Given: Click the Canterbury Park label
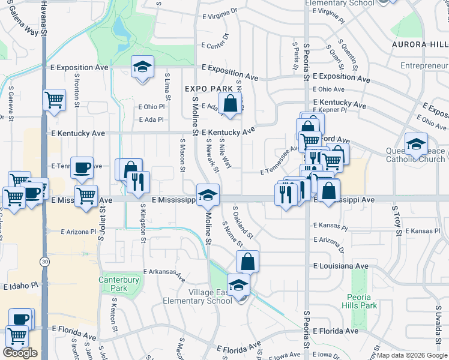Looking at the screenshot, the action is [119, 284].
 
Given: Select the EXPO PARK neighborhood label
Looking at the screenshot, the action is [208, 89].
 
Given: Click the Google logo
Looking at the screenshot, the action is [20, 353].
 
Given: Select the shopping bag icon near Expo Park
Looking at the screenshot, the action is [230, 103].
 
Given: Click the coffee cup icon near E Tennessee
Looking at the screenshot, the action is [82, 167].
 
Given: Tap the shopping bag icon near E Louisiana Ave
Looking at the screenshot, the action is [247, 262].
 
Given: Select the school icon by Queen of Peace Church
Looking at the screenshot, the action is [416, 144].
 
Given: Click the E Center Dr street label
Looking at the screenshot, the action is [216, 45].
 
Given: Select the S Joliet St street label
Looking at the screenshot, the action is [101, 225].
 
